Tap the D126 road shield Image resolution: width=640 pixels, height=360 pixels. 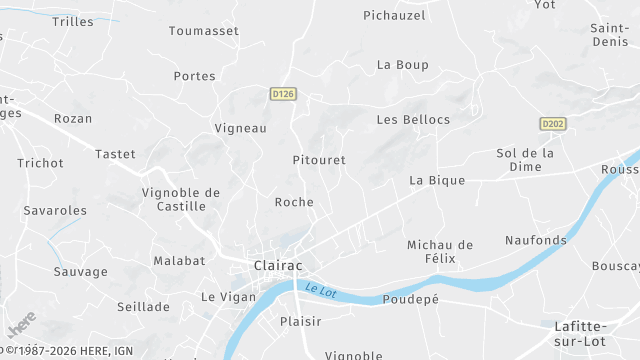[283, 93]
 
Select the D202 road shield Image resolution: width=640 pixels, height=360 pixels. [552, 123]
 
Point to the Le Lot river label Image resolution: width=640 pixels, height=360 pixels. [321, 291]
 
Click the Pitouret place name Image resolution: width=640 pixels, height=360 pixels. [319, 160]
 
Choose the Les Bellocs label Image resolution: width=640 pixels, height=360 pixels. [413, 120]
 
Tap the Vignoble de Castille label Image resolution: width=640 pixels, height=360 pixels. [181, 199]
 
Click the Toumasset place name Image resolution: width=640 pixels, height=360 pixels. [204, 31]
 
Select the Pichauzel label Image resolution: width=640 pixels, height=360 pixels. [394, 15]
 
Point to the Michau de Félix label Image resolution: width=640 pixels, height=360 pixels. [439, 252]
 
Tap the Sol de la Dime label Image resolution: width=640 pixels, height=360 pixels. [525, 160]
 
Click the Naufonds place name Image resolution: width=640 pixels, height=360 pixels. [536, 240]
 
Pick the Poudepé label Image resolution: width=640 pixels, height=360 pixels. [411, 299]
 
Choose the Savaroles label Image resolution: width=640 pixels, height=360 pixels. [55, 211]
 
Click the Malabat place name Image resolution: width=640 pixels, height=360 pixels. [179, 261]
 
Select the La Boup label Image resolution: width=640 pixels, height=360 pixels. [402, 65]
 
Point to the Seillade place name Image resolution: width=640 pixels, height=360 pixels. [144, 307]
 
